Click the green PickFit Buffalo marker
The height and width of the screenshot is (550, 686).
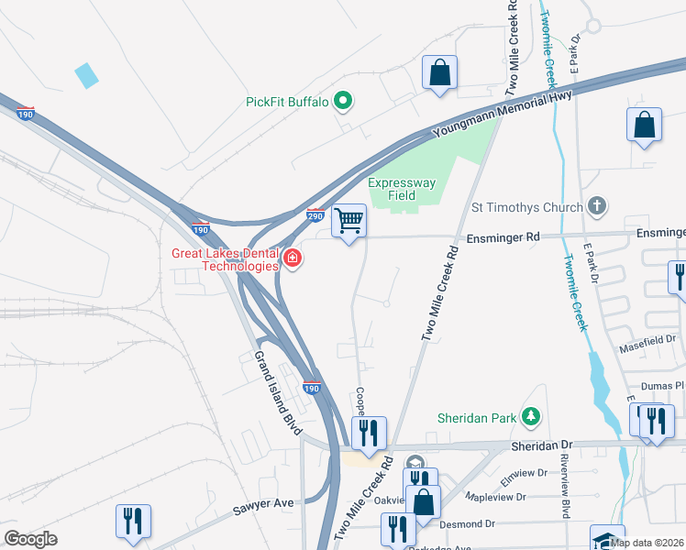[343, 101]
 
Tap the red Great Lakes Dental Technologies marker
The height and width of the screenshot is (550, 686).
[293, 259]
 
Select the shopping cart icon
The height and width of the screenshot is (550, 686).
[349, 221]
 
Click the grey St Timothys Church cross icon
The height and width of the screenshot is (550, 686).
[597, 206]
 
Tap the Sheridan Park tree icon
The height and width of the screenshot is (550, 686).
[530, 417]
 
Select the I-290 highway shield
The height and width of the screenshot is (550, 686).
[315, 216]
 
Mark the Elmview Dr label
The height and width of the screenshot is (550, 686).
[523, 474]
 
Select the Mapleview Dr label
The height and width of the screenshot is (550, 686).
[494, 497]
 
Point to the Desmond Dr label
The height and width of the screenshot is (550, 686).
[464, 524]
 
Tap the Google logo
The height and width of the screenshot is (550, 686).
[30, 539]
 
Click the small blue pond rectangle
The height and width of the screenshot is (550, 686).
[86, 75]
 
